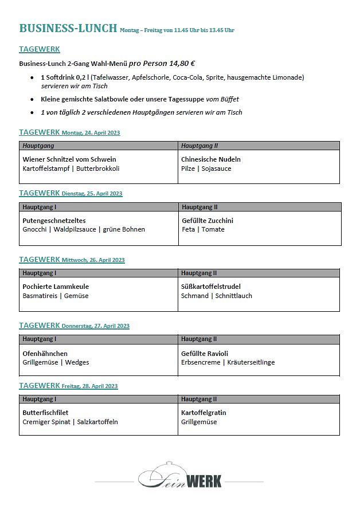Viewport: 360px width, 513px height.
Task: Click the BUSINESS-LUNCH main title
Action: point(68,28)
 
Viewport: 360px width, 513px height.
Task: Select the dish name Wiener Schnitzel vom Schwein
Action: point(69,159)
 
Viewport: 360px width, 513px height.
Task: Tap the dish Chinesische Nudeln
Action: point(210,159)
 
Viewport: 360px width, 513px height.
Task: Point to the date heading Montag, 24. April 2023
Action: point(91,133)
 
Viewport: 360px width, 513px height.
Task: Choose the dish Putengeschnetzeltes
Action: point(54,221)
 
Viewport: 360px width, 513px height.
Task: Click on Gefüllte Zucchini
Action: point(207,221)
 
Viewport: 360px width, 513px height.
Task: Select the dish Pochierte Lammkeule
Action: point(56,287)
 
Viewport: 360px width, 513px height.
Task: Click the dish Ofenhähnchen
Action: point(45,354)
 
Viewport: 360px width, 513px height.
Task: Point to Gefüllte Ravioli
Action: point(205,354)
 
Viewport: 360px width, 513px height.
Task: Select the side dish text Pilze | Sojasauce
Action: point(206,169)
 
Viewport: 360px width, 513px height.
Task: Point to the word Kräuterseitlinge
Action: point(251,362)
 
